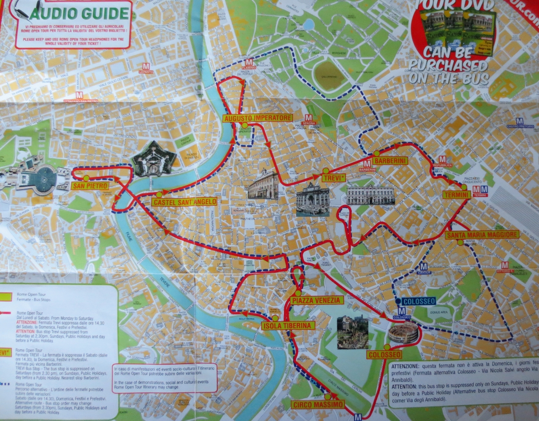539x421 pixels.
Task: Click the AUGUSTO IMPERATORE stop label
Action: click(258, 118)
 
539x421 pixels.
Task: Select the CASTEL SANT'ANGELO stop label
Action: click(184, 202)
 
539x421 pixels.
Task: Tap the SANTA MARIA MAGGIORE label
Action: click(482, 234)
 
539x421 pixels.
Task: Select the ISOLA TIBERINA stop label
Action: click(288, 325)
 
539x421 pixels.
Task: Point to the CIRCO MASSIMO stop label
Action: click(318, 405)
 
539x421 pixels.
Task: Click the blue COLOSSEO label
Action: click(418, 301)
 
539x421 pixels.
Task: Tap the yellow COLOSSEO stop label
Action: click(384, 355)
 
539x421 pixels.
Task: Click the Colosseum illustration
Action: click(403, 333)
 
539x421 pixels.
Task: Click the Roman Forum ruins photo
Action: click(352, 333)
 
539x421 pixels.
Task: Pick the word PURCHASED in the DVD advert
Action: click(447, 66)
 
